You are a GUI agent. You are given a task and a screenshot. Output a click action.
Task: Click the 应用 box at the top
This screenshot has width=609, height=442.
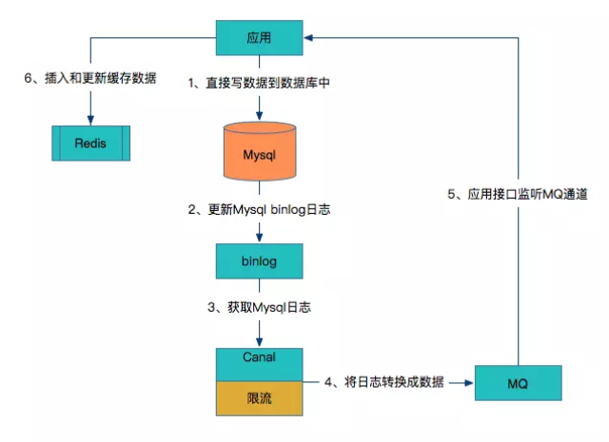[260, 37]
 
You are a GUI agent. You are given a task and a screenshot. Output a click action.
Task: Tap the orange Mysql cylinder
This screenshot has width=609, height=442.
[260, 151]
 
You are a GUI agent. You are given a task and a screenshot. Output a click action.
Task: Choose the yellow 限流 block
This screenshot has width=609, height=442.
[260, 398]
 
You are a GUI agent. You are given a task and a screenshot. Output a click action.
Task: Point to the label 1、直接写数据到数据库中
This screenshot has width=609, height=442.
[260, 84]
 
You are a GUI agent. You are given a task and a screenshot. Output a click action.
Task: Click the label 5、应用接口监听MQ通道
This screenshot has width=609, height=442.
[520, 194]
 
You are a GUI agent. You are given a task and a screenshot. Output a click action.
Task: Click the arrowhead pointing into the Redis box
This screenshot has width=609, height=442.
[89, 120]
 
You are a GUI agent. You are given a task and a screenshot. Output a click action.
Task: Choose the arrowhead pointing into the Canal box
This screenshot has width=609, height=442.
[260, 342]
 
